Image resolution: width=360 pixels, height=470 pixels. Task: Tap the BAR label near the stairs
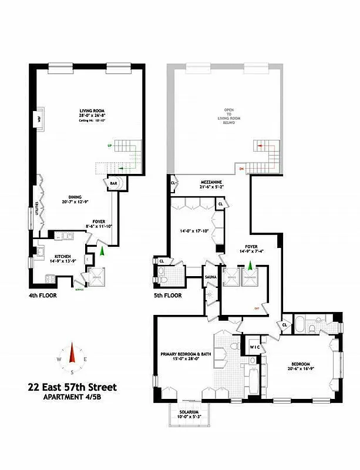pyautogui.click(x=113, y=184)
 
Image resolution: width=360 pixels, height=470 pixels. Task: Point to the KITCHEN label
pyautogui.click(x=63, y=257)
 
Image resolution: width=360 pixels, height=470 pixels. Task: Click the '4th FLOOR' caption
pyautogui.click(x=43, y=296)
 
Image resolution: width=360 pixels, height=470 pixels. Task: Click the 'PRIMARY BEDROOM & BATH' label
pyautogui.click(x=187, y=354)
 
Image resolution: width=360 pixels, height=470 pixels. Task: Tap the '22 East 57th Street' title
pyautogui.click(x=72, y=387)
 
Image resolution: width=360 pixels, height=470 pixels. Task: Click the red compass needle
pyautogui.click(x=72, y=354)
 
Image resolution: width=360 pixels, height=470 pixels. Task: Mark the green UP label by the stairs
pyautogui.click(x=109, y=145)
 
